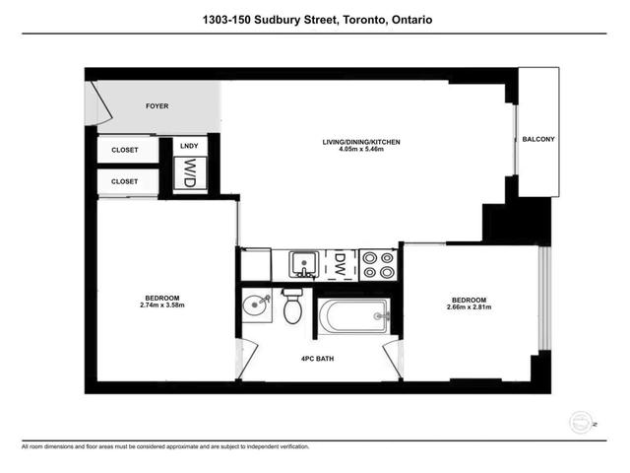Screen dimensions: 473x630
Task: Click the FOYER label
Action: coord(158,105)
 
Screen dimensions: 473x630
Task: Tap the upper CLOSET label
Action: coord(124,151)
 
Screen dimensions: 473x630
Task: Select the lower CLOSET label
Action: coord(124,181)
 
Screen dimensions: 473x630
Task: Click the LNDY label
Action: coord(190,147)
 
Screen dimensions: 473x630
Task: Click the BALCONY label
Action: coord(538,140)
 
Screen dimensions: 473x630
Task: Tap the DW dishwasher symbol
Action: coord(339,263)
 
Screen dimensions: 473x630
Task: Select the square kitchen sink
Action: coord(302,264)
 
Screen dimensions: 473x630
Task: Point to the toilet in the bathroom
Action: coord(292,307)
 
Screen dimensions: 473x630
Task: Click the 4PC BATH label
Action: coord(317,359)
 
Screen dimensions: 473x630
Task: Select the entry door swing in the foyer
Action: coord(94,101)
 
